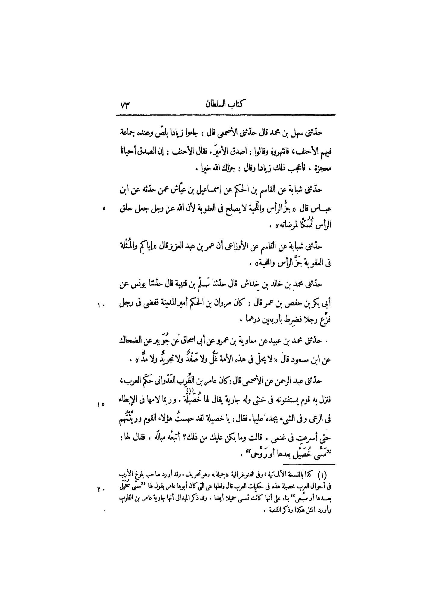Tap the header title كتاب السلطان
[224, 105]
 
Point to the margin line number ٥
[104, 208]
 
